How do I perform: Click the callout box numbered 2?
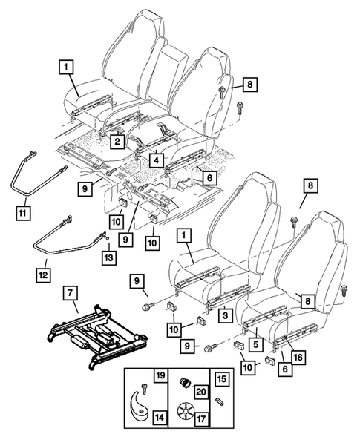(116, 139)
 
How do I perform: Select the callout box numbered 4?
(157, 159)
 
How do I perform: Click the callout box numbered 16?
(298, 358)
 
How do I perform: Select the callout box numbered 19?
(160, 375)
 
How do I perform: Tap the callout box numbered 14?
(160, 418)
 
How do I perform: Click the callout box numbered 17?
(200, 418)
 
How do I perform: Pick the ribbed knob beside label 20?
(182, 384)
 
